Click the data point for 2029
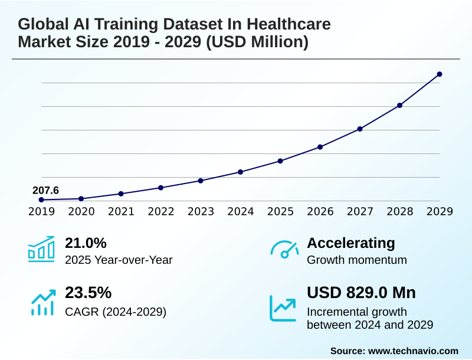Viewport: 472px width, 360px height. [440, 74]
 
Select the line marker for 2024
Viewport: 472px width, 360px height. [240, 172]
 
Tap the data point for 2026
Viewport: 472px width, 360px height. [320, 147]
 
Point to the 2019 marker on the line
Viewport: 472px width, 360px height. [41, 200]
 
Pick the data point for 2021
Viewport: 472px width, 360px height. [121, 194]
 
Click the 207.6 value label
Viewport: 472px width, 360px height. [45, 190]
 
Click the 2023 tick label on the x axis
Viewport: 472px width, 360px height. [201, 211]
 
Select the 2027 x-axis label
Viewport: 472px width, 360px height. [360, 211]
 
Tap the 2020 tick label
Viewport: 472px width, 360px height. [81, 211]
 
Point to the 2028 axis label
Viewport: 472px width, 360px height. [400, 211]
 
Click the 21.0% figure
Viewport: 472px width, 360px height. [86, 243]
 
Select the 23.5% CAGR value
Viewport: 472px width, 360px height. [88, 293]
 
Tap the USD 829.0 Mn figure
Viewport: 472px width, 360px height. [361, 293]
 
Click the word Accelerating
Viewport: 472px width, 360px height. [351, 243]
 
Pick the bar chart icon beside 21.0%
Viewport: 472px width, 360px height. [41, 249]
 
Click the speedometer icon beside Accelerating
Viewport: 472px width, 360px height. [284, 250]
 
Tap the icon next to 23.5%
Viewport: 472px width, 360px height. [42, 302]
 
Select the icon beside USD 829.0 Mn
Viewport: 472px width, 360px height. [283, 307]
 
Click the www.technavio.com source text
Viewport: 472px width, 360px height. [413, 351]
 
